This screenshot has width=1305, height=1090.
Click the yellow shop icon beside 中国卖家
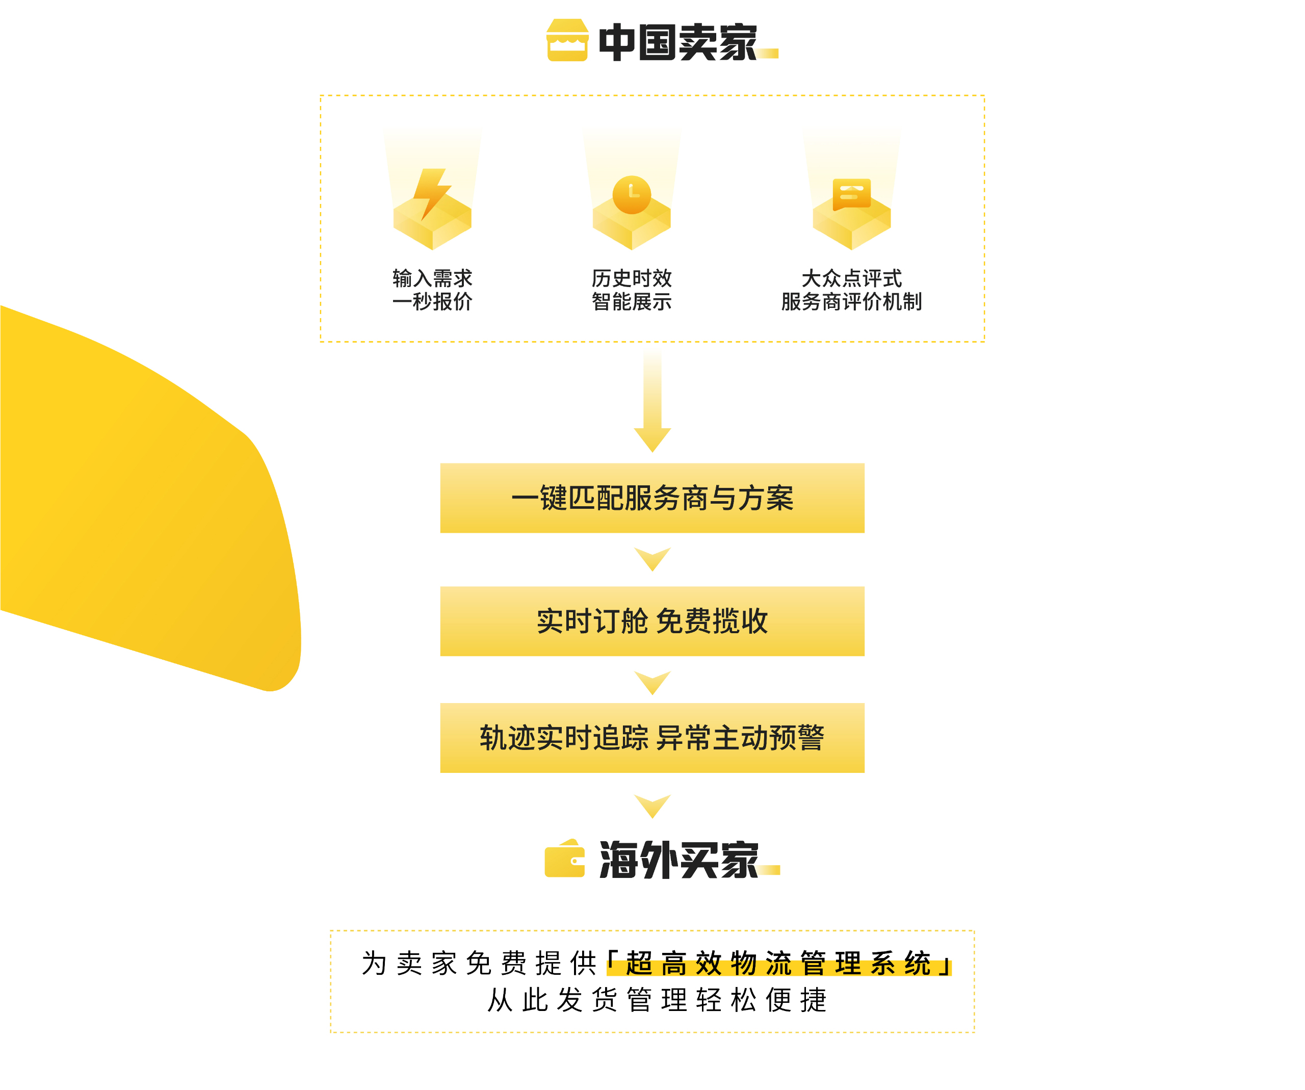tap(567, 40)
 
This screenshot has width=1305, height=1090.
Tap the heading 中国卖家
tap(677, 42)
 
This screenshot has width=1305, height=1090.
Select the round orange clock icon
tap(632, 195)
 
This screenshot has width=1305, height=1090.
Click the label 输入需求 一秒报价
tap(432, 290)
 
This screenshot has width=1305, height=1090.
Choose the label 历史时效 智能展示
tap(632, 290)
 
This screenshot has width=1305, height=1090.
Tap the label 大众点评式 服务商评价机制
tap(851, 290)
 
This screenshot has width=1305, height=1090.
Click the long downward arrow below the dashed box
tap(652, 401)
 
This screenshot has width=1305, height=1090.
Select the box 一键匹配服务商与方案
tap(652, 498)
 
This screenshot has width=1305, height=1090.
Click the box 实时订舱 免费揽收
tap(652, 621)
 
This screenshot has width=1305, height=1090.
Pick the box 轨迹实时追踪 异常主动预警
tap(652, 738)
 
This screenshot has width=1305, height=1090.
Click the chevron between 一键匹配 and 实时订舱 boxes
tap(652, 559)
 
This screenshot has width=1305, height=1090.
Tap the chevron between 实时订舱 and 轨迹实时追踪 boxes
tap(652, 682)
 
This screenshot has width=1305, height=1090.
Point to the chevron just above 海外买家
tap(652, 806)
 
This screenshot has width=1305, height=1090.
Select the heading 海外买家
tap(678, 860)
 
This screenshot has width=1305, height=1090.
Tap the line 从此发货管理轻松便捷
tap(657, 1000)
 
